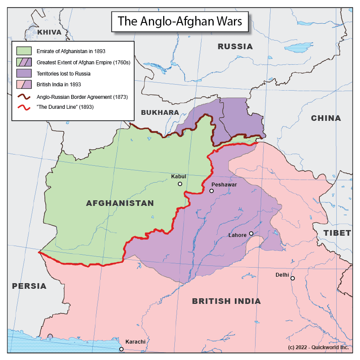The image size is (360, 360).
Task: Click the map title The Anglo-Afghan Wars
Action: click(x=180, y=21)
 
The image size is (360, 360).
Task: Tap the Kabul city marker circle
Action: click(x=180, y=184)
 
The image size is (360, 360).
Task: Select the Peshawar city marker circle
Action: click(x=212, y=191)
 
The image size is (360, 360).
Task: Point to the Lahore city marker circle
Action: click(x=251, y=234)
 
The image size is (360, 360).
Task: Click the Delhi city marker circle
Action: click(x=293, y=278)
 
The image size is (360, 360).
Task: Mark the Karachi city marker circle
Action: click(x=121, y=349)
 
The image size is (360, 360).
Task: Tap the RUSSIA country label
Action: click(x=235, y=47)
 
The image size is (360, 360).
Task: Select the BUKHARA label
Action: click(x=160, y=113)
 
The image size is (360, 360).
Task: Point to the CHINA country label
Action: click(x=326, y=118)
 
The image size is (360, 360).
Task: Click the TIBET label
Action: click(x=337, y=233)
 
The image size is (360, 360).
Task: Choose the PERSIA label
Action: click(x=29, y=286)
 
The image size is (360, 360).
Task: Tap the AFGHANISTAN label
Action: click(x=120, y=203)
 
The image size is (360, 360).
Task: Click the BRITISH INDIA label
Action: click(x=226, y=301)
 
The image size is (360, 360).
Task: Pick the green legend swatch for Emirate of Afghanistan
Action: click(x=24, y=51)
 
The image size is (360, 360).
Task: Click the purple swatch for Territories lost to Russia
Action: click(x=24, y=73)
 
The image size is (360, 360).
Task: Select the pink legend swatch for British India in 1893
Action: click(x=24, y=85)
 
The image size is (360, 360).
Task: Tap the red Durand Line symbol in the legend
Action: click(x=24, y=107)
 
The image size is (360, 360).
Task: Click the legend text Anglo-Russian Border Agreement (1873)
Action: click(x=82, y=96)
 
